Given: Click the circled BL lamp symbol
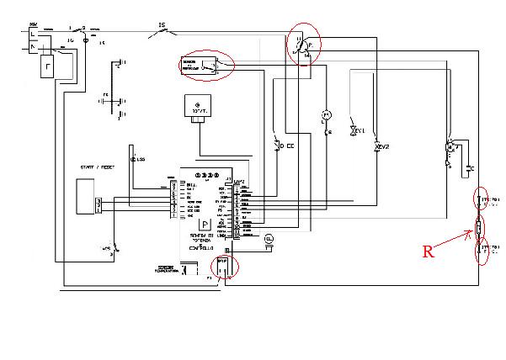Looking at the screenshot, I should click(269, 238).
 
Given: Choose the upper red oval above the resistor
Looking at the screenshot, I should click(481, 201).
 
